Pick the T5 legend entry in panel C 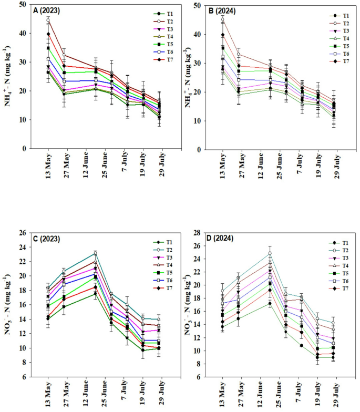pyautogui.click(x=149, y=274)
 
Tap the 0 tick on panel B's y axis pyautogui.click(x=200, y=150)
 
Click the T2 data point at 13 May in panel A pyautogui.click(x=48, y=20)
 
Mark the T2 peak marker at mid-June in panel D pyautogui.click(x=270, y=253)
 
